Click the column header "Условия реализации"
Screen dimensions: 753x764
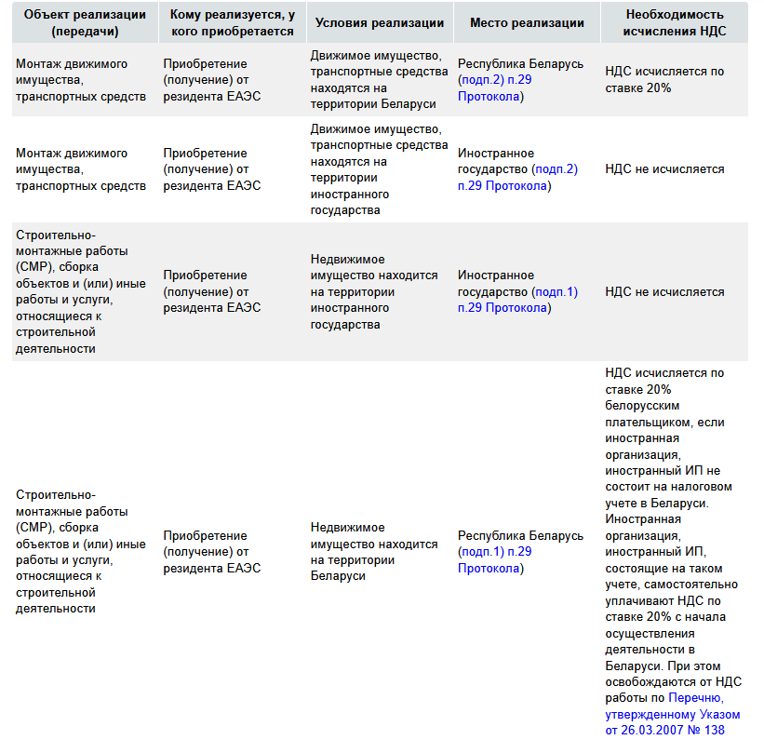[x=376, y=23]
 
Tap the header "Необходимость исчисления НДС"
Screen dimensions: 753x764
[x=676, y=23]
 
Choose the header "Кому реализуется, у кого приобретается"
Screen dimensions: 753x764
[x=232, y=23]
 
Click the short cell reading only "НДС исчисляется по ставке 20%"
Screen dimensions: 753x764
[x=664, y=80]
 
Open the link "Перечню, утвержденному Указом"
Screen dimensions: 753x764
[x=673, y=706]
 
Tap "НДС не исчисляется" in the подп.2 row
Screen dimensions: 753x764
[x=664, y=169]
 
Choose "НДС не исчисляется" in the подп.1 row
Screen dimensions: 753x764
[x=664, y=292]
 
